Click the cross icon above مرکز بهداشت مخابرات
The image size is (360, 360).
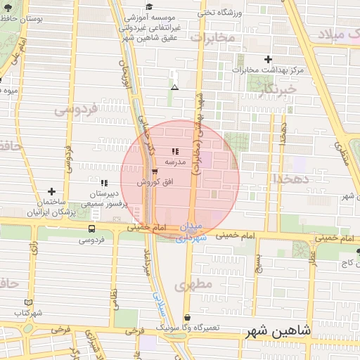[267, 60]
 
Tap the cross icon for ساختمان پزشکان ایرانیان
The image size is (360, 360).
[51, 191]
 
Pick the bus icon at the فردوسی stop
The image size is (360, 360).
[92, 229]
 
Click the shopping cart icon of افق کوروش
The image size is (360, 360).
[155, 171]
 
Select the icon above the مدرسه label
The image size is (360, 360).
[174, 151]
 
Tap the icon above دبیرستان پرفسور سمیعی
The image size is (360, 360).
[104, 182]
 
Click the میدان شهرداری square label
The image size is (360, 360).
[190, 233]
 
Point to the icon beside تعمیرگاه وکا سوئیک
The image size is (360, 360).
[187, 318]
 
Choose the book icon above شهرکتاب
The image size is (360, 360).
[29, 302]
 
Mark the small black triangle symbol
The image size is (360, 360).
[174, 87]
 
